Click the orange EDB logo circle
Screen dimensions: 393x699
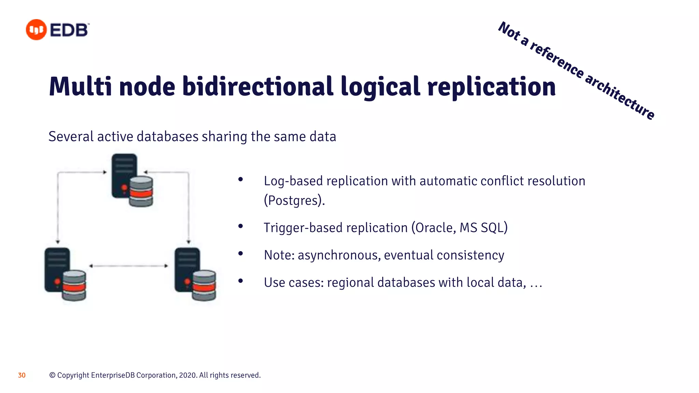pos(36,30)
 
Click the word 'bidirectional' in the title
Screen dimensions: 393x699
pos(258,87)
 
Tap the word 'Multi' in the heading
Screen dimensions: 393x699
pos(80,87)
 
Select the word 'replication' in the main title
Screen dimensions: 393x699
pos(491,87)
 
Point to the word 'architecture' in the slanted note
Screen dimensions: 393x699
pos(619,97)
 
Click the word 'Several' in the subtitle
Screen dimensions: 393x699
pos(71,136)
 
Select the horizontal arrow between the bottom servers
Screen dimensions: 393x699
pos(129,266)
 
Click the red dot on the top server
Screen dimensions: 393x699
pos(124,188)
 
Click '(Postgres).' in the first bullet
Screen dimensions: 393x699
pos(294,200)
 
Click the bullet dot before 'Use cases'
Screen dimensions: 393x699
pos(241,281)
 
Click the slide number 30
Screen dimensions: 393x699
pos(22,375)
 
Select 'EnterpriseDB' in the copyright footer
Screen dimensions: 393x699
pos(113,375)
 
